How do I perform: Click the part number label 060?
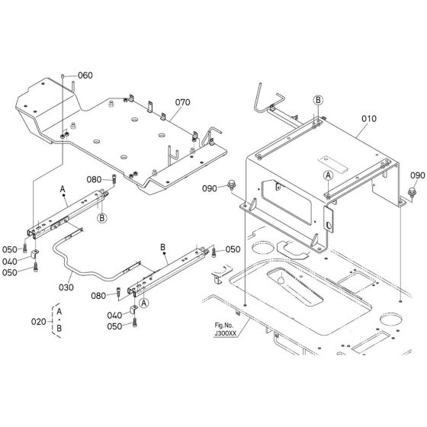tap(85, 75)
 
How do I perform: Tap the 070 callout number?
tap(182, 101)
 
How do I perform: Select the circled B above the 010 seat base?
tap(318, 100)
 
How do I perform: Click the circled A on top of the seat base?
tap(327, 175)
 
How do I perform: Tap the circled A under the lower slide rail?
tap(144, 302)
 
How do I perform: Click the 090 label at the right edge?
tap(417, 175)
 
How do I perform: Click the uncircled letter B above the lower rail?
tap(163, 247)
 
